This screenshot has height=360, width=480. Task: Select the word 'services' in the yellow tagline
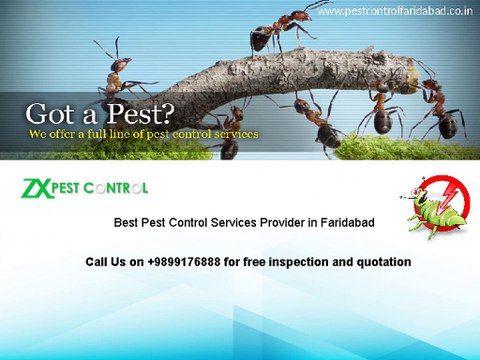pos(234,133)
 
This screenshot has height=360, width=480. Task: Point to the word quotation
pos(381,262)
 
